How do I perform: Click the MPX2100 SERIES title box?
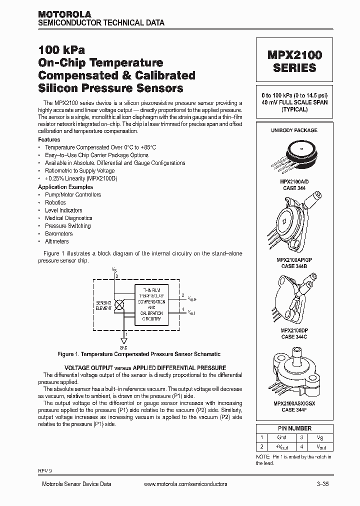point(294,60)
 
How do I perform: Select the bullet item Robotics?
point(55,202)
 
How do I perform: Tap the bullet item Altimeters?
point(56,241)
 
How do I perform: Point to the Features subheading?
point(49,139)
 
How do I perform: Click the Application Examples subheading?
point(65,187)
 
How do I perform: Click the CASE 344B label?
point(294,266)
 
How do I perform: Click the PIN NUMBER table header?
point(294,428)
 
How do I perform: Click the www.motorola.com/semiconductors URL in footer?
point(185,484)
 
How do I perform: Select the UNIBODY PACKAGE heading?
point(294,130)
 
